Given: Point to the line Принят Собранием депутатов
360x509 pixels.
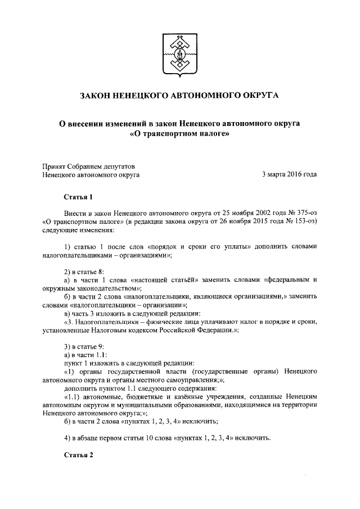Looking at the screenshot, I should [x=89, y=166].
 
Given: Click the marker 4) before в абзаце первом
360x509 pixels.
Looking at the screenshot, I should [x=67, y=438].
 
